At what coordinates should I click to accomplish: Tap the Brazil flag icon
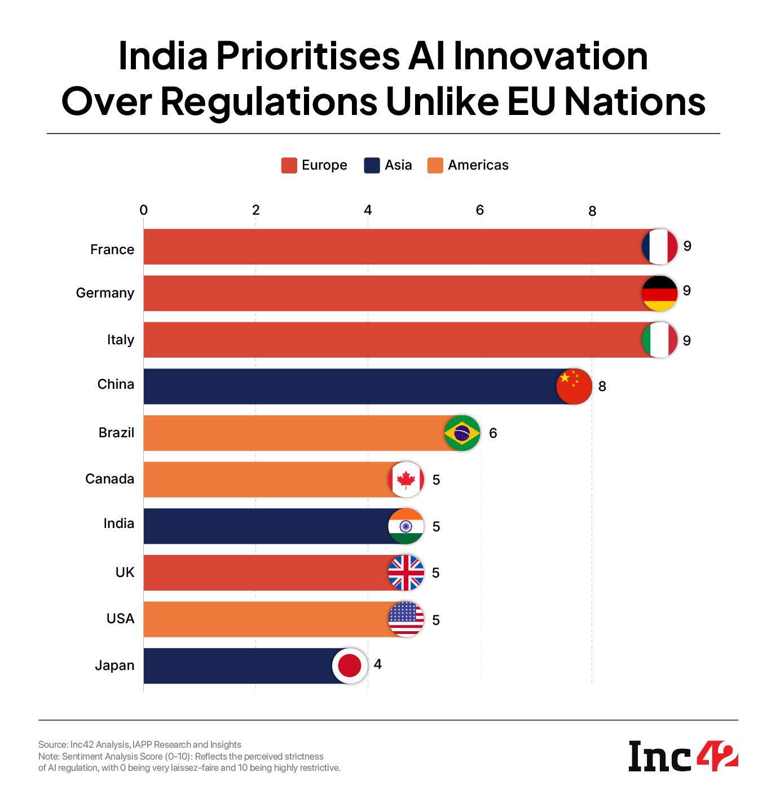pos(462,433)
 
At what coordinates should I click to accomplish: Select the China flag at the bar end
pos(574,387)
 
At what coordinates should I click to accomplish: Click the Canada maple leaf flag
pos(405,480)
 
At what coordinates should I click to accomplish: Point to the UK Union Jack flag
pos(405,572)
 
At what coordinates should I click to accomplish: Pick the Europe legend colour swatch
pos(289,166)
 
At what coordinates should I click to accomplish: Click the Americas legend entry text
pos(478,165)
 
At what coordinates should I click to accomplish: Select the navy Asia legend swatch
pos(372,166)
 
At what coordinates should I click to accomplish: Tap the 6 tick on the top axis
pos(480,210)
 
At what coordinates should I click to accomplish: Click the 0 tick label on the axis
pos(144,210)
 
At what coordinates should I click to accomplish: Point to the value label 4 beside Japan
pos(377,664)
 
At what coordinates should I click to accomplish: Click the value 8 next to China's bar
pos(602,387)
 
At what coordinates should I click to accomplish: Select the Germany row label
pos(105,293)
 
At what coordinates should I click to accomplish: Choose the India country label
pos(118,523)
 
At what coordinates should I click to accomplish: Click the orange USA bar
pos(265,619)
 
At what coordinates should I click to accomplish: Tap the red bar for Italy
pos(389,340)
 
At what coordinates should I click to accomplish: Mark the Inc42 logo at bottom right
pos(683,757)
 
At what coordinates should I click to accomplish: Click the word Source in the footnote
pos(52,744)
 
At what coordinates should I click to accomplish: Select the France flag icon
pos(659,247)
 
